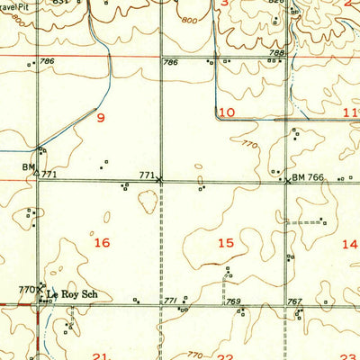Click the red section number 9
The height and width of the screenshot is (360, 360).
coord(102,118)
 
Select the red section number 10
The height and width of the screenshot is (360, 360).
coord(226,112)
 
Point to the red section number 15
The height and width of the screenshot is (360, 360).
coord(226,243)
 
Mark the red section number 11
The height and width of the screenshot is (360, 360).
coord(352,112)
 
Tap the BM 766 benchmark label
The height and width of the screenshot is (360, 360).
coord(307,178)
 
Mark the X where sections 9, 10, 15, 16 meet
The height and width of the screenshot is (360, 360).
coord(160,180)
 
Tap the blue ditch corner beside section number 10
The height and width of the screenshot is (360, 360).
coord(216,116)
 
